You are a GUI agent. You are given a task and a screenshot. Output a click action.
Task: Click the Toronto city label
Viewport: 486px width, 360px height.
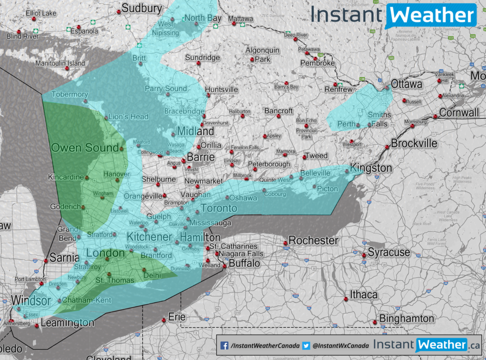click(219, 208)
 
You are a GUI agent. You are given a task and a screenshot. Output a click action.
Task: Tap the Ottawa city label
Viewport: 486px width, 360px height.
click(407, 84)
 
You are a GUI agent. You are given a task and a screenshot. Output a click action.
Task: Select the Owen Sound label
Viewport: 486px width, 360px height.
click(85, 148)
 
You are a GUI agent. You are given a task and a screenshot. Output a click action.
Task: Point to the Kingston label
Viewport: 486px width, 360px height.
click(371, 168)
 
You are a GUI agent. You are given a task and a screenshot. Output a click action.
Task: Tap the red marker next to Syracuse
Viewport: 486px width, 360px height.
click(364, 255)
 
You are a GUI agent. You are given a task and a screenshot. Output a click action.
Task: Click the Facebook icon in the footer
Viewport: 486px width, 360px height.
click(225, 346)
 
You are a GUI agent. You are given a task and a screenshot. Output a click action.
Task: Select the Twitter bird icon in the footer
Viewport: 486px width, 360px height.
click(306, 346)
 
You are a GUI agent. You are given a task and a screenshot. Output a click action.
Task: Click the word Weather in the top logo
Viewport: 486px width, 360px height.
click(432, 15)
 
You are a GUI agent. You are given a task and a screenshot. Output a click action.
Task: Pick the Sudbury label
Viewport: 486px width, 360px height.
click(142, 8)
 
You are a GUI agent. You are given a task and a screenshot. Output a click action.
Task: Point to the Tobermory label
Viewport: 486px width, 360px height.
click(70, 94)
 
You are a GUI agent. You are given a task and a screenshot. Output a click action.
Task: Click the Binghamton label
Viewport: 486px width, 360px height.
click(407, 318)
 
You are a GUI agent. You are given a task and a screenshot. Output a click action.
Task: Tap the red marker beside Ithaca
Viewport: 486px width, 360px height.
click(346, 299)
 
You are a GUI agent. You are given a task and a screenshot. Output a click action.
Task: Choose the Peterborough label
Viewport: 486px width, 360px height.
click(269, 164)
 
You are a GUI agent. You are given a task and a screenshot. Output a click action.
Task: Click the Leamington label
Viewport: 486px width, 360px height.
click(67, 323)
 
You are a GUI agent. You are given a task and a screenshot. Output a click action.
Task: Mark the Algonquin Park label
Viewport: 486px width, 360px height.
click(262, 55)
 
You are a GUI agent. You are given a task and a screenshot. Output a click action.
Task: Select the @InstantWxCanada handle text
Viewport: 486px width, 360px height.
click(341, 346)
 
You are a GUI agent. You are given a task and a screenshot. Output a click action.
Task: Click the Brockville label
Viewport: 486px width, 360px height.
click(414, 143)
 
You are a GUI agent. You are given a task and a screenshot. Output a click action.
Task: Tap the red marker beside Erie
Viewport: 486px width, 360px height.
click(164, 320)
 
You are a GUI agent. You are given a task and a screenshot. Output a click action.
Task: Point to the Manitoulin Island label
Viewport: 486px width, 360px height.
click(60, 64)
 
